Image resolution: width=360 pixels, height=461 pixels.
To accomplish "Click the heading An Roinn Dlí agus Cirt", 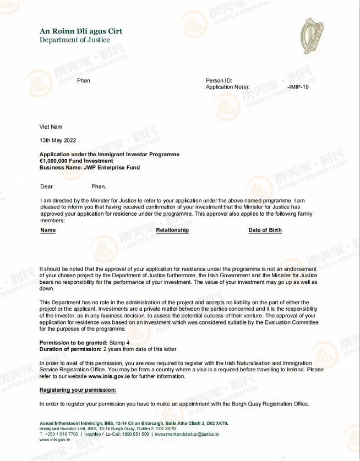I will (x=81, y=31).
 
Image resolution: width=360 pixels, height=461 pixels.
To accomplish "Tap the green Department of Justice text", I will (x=75, y=40).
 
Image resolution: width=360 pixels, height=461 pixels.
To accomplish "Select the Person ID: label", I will (x=219, y=81).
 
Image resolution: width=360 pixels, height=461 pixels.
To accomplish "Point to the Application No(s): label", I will (x=227, y=87).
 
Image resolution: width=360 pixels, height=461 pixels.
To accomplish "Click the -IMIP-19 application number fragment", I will (x=298, y=87).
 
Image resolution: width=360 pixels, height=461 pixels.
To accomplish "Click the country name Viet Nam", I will (x=51, y=127).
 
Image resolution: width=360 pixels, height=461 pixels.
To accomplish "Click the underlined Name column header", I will (x=48, y=230).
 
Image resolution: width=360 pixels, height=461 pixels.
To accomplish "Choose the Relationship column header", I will (x=172, y=230).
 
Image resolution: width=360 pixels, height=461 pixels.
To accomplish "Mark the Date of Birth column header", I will (x=265, y=230).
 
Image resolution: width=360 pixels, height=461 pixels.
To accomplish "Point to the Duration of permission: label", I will (x=70, y=349).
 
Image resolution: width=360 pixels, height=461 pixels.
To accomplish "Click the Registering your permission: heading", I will (x=78, y=390).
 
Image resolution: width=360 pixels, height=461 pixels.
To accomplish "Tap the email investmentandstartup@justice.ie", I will (x=187, y=434).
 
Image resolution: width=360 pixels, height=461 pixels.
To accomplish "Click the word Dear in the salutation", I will (x=47, y=186).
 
